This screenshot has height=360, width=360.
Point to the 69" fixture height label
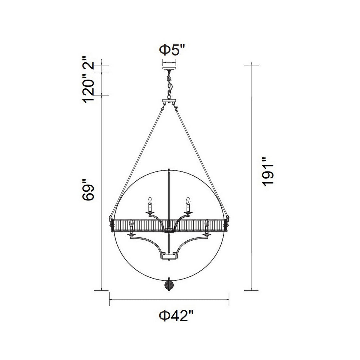coord(88,190)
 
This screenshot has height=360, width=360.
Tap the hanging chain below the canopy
coord(169,85)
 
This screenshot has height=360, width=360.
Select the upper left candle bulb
coord(150,201)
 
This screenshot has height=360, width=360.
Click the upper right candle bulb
coord(188,201)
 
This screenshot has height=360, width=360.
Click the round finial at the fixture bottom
coord(169,286)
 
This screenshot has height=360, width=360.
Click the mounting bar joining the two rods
coord(169,101)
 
